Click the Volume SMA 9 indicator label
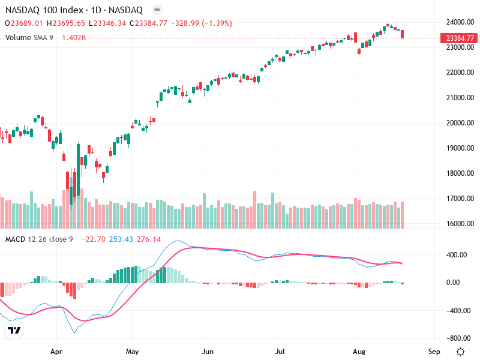coord(30,37)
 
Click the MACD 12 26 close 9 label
coord(39,239)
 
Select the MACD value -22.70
coord(94,239)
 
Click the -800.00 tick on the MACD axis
coord(456,338)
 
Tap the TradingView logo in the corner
coord(14,330)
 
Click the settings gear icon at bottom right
coord(460,352)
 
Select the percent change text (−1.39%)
coord(217,23)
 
